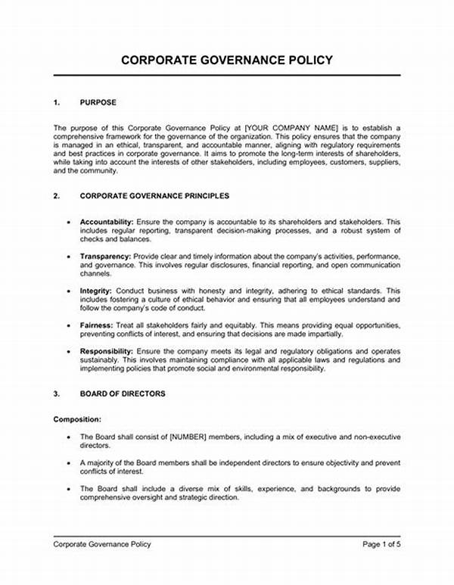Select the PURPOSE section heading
click(98, 101)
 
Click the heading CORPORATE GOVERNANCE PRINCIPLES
click(154, 195)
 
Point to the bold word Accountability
click(107, 220)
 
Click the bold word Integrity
click(96, 291)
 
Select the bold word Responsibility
click(107, 352)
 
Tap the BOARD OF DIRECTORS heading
click(123, 394)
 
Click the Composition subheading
click(77, 419)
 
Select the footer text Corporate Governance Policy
click(102, 543)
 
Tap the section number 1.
click(57, 101)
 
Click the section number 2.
click(57, 195)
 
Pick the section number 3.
click(57, 394)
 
